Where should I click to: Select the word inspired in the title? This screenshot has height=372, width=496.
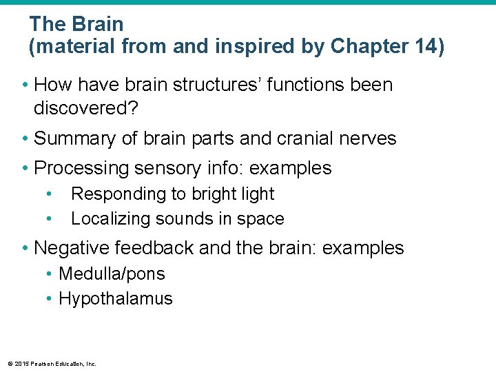coord(251,46)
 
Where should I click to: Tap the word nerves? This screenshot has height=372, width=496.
coord(372,138)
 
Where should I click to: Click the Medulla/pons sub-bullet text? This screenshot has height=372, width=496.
coord(112,274)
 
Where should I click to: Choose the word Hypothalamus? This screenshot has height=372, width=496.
coord(116,299)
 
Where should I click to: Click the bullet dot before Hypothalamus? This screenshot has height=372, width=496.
coord(50,299)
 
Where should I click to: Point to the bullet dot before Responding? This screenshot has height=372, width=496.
coord(50,194)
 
